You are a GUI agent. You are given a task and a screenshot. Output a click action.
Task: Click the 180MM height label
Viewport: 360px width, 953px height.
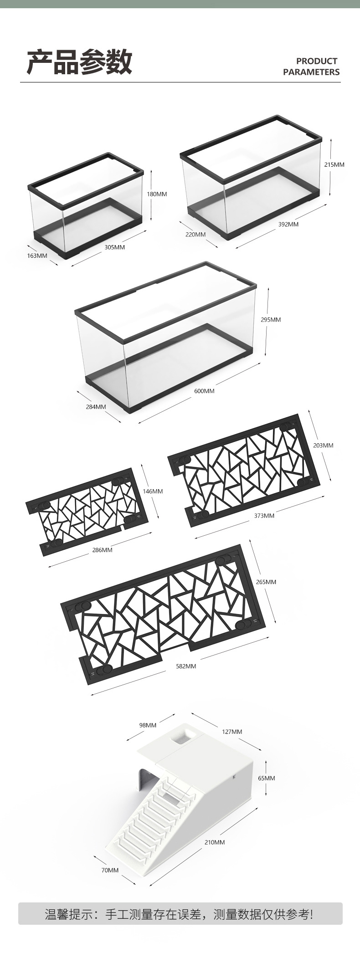(157, 194)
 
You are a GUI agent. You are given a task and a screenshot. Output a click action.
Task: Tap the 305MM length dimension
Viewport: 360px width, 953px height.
(115, 247)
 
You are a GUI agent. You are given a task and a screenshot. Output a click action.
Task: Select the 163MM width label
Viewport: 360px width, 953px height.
(37, 256)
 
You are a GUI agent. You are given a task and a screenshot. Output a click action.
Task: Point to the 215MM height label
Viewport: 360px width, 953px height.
(334, 164)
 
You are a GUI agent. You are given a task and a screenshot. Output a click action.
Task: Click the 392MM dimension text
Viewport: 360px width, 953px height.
(288, 224)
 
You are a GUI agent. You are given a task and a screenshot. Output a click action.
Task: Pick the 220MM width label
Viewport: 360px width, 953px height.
(195, 235)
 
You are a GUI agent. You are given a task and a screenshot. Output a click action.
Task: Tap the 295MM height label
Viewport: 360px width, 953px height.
(271, 320)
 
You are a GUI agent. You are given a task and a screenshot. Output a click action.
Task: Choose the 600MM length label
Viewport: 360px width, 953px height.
(204, 391)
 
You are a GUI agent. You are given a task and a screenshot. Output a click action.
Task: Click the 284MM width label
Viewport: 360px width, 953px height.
(96, 407)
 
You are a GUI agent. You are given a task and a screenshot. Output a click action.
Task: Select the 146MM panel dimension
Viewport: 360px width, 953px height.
(153, 492)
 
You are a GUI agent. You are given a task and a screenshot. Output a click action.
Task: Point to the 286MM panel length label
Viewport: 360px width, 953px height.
(102, 550)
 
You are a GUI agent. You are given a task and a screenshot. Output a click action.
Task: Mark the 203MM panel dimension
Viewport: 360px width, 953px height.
(324, 445)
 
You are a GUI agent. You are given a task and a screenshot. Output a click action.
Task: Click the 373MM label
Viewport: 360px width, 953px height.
(264, 516)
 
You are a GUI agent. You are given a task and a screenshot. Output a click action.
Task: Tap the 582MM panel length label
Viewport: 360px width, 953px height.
(186, 666)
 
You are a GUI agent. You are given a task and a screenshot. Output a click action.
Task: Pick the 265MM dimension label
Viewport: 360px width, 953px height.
(266, 582)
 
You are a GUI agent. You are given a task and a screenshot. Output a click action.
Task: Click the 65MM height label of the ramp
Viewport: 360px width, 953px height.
(267, 778)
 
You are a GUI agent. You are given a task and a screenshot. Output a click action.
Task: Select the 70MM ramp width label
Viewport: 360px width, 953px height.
(110, 870)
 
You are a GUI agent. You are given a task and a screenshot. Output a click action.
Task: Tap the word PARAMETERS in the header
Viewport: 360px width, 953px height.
(311, 72)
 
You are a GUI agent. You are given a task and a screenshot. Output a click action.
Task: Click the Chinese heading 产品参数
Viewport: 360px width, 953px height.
(79, 62)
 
